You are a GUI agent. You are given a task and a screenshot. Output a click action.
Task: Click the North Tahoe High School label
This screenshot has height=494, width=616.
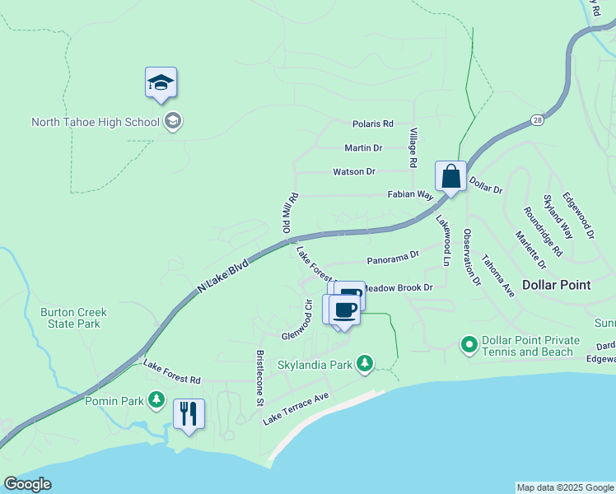(x=95, y=123)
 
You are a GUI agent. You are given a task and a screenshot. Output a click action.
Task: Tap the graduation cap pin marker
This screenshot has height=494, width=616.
(x=161, y=83)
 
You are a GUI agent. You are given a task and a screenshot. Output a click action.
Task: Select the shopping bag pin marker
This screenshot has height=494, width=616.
(x=450, y=177)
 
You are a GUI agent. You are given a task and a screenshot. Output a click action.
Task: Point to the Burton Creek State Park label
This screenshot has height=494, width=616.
(x=70, y=318)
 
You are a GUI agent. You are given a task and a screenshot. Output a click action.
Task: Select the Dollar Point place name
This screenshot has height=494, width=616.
(x=557, y=285)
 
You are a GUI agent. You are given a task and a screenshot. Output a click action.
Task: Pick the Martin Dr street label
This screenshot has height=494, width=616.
(x=363, y=148)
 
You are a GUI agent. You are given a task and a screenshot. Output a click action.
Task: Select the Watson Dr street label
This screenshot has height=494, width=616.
(x=354, y=172)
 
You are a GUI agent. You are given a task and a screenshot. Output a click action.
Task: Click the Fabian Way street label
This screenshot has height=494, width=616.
(x=412, y=195)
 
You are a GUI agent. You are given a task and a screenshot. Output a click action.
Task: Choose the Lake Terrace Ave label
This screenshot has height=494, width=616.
(x=296, y=408)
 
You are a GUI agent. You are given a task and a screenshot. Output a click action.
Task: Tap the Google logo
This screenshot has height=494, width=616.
(x=27, y=484)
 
